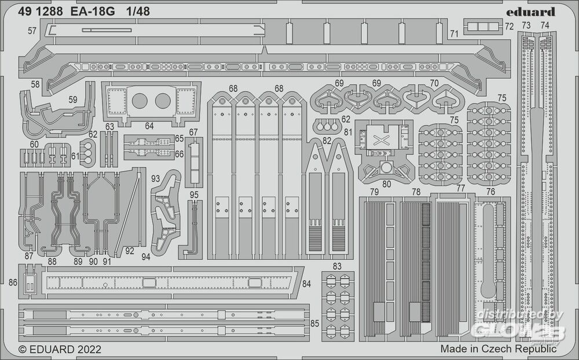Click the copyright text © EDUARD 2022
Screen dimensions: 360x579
tap(60, 349)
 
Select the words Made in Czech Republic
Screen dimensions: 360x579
tap(498, 349)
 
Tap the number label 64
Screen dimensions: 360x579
tap(149, 126)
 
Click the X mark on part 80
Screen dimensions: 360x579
tap(381, 140)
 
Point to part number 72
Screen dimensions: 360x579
tap(509, 27)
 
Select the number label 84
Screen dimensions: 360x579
tap(307, 283)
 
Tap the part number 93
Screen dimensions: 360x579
tap(155, 179)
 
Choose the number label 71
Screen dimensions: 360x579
tap(454, 34)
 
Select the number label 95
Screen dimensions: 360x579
tap(194, 194)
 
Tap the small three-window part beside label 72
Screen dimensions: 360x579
tap(482, 26)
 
